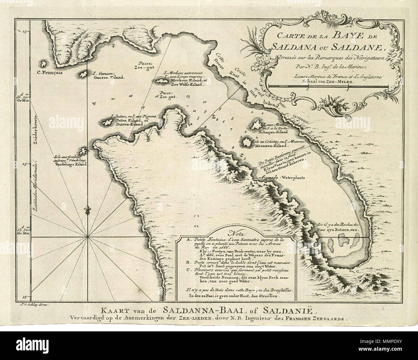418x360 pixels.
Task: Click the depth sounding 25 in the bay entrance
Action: coord(94,103)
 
